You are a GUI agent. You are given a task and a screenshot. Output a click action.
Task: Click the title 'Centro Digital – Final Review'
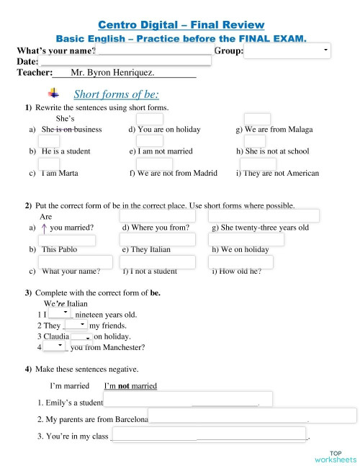click(x=179, y=26)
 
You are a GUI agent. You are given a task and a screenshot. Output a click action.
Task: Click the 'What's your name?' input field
click(x=155, y=50)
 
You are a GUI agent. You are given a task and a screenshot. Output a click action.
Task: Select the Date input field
click(x=120, y=62)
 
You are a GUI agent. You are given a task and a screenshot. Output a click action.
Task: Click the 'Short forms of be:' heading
click(x=116, y=94)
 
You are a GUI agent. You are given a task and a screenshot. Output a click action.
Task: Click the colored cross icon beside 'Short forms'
click(x=54, y=93)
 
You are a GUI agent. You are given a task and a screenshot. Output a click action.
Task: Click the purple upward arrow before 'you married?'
click(x=45, y=228)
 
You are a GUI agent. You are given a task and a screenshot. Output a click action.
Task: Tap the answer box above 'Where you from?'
click(x=157, y=216)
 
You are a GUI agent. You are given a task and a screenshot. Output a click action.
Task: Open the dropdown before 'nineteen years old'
click(x=60, y=313)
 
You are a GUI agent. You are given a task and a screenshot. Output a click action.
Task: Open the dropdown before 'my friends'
click(x=76, y=325)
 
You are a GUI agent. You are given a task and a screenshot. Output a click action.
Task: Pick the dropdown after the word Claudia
click(x=81, y=336)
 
